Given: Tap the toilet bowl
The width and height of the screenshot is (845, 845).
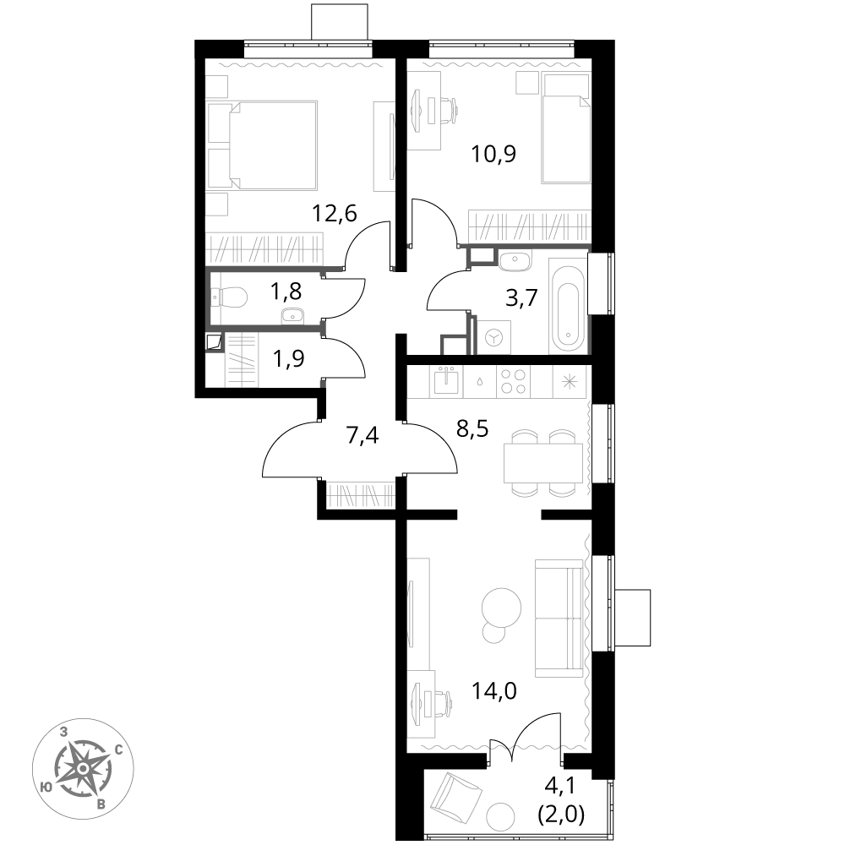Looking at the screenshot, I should tap(232, 297).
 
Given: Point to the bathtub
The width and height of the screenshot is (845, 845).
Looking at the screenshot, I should tap(568, 306).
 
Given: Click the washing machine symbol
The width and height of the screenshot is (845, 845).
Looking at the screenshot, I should tap(493, 337).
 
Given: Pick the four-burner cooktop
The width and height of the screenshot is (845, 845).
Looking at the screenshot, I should tap(513, 381).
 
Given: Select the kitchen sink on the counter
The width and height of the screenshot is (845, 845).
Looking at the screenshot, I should tap(446, 382).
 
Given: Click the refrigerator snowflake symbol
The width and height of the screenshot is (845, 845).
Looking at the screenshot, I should tap(570, 381).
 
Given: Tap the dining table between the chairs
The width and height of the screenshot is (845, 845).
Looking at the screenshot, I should tap(542, 463).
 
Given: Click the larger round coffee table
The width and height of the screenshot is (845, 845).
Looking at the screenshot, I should tap(501, 608).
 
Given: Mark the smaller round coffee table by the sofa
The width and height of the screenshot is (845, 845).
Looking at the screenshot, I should tap(493, 632).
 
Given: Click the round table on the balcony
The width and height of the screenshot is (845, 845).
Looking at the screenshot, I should tap(500, 816).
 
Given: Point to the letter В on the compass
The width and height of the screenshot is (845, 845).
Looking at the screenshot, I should tap(101, 804).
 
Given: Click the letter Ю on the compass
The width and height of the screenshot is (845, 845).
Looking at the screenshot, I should tap(46, 787).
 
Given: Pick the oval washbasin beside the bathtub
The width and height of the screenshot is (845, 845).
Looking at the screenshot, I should tap(514, 260).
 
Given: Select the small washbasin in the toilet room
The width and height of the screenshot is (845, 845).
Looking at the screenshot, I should tap(292, 316).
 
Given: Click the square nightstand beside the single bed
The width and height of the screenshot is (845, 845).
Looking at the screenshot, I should tap(527, 83).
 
